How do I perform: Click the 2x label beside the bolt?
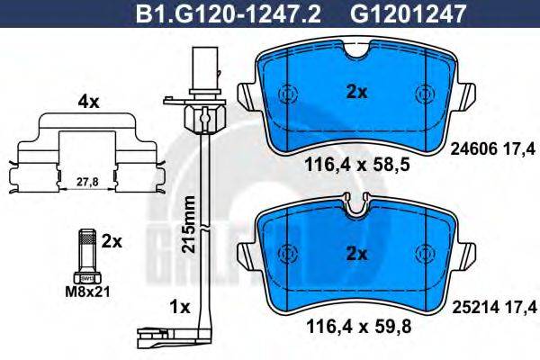coord(111,241)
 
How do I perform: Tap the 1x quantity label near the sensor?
coord(179,307)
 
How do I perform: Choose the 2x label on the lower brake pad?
coord(357,255)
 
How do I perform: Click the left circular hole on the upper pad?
coord(288,94)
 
